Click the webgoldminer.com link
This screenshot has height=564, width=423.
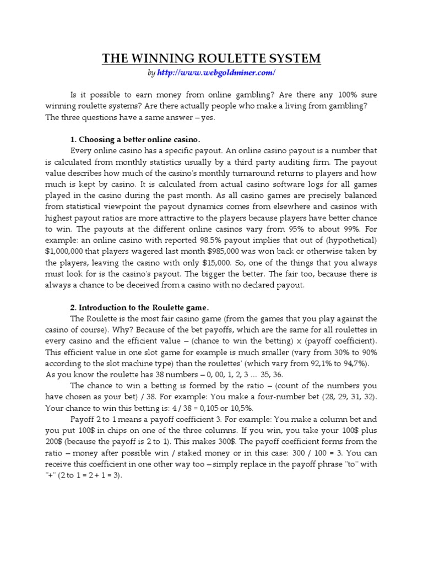216,73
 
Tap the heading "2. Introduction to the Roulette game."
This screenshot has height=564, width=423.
140,307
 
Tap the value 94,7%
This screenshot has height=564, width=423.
350,364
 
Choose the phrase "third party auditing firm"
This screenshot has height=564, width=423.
280,163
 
